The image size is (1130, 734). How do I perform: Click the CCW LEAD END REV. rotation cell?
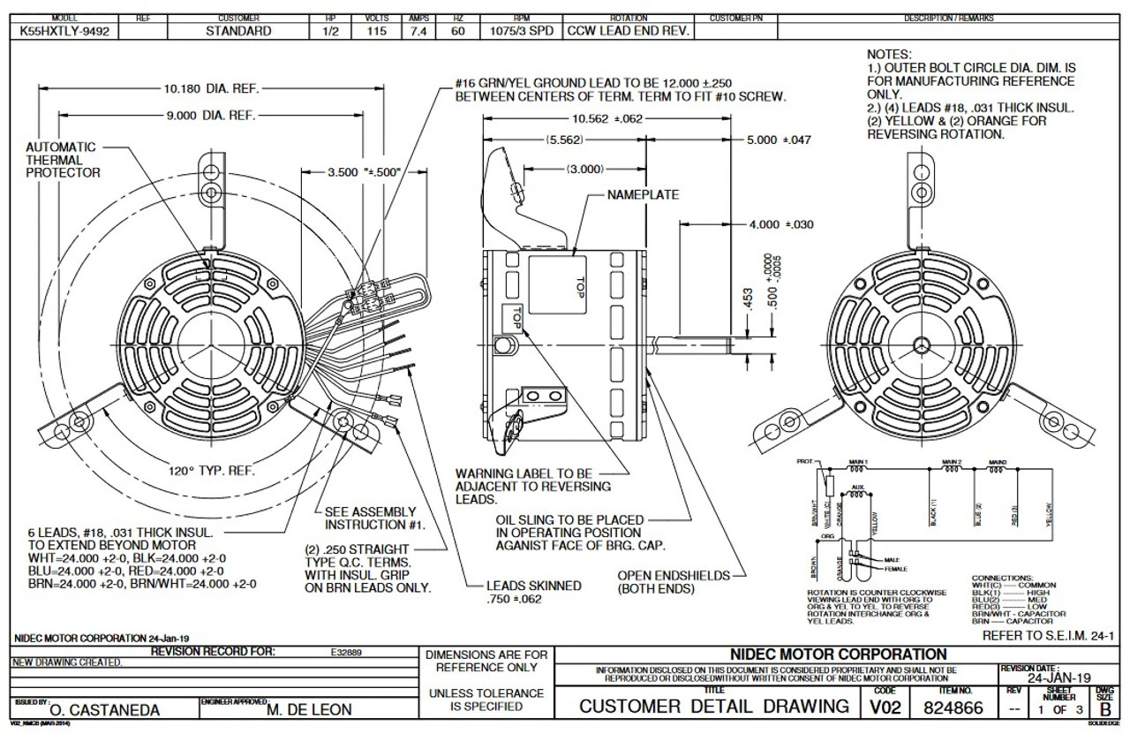tap(628, 31)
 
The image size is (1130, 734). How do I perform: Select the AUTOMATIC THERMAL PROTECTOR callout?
tap(64, 160)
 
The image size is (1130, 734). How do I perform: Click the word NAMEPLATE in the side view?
tap(643, 194)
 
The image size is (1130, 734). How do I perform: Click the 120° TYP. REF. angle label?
tap(212, 472)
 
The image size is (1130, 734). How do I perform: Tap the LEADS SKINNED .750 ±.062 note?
tap(533, 592)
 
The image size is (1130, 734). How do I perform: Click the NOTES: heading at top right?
tap(889, 55)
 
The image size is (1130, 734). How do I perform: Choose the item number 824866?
tap(954, 707)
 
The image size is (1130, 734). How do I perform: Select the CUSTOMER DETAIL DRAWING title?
tap(712, 707)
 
